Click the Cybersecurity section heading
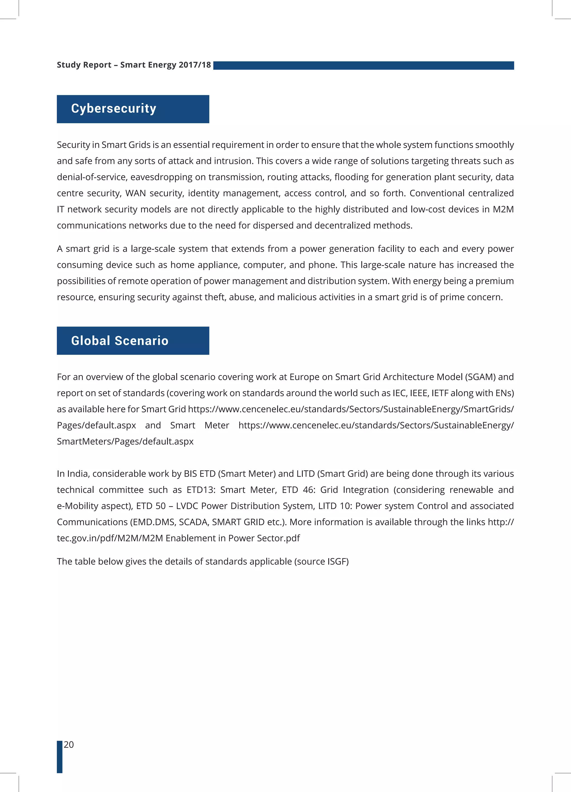113,109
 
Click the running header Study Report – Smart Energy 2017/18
134,65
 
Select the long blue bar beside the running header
363,65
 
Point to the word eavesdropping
161,177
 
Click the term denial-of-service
92,177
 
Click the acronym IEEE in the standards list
419,393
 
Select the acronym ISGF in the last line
337,561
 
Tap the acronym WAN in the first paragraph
135,193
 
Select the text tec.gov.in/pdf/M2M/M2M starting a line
110,538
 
